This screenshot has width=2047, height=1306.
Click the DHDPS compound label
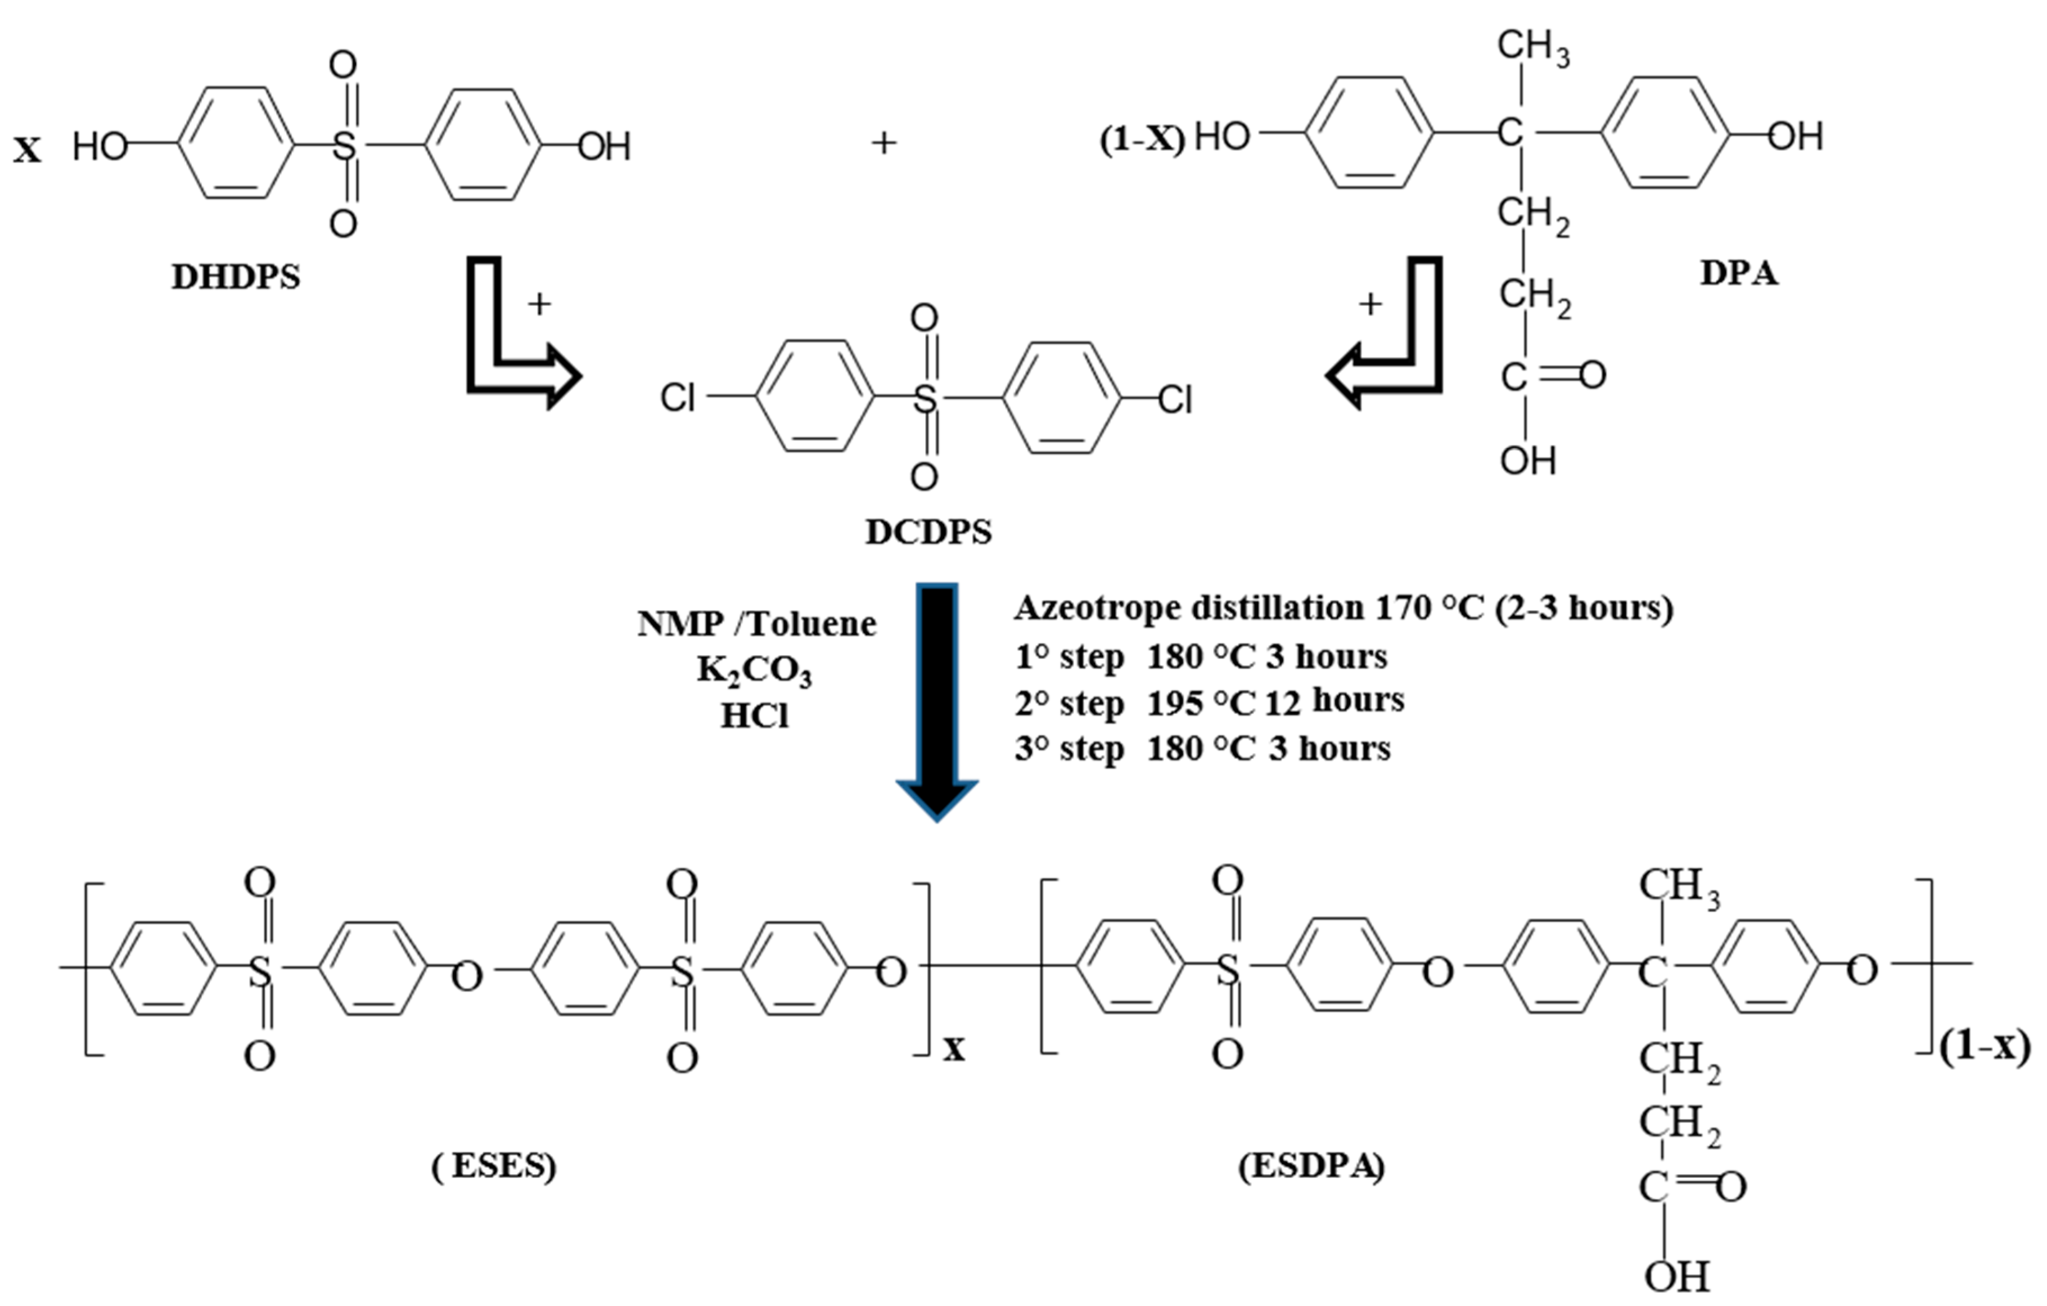pos(236,277)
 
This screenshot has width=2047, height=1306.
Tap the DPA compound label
pos(1738,274)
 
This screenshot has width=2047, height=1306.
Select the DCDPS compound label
pos(928,532)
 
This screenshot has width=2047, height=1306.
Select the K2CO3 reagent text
pos(754,671)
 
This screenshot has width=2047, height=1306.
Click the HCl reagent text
pos(754,717)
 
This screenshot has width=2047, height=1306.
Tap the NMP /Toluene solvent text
pos(756,625)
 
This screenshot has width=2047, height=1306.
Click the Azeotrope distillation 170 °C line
pos(1343,608)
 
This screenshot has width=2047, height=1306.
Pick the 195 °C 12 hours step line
pos(1209,702)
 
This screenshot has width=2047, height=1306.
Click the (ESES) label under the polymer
pos(494,1167)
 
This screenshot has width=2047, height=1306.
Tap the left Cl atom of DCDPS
pos(678,397)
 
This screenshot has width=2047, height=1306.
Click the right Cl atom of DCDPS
pos(1175,399)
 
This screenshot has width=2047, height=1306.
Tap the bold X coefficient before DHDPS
pos(27,151)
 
